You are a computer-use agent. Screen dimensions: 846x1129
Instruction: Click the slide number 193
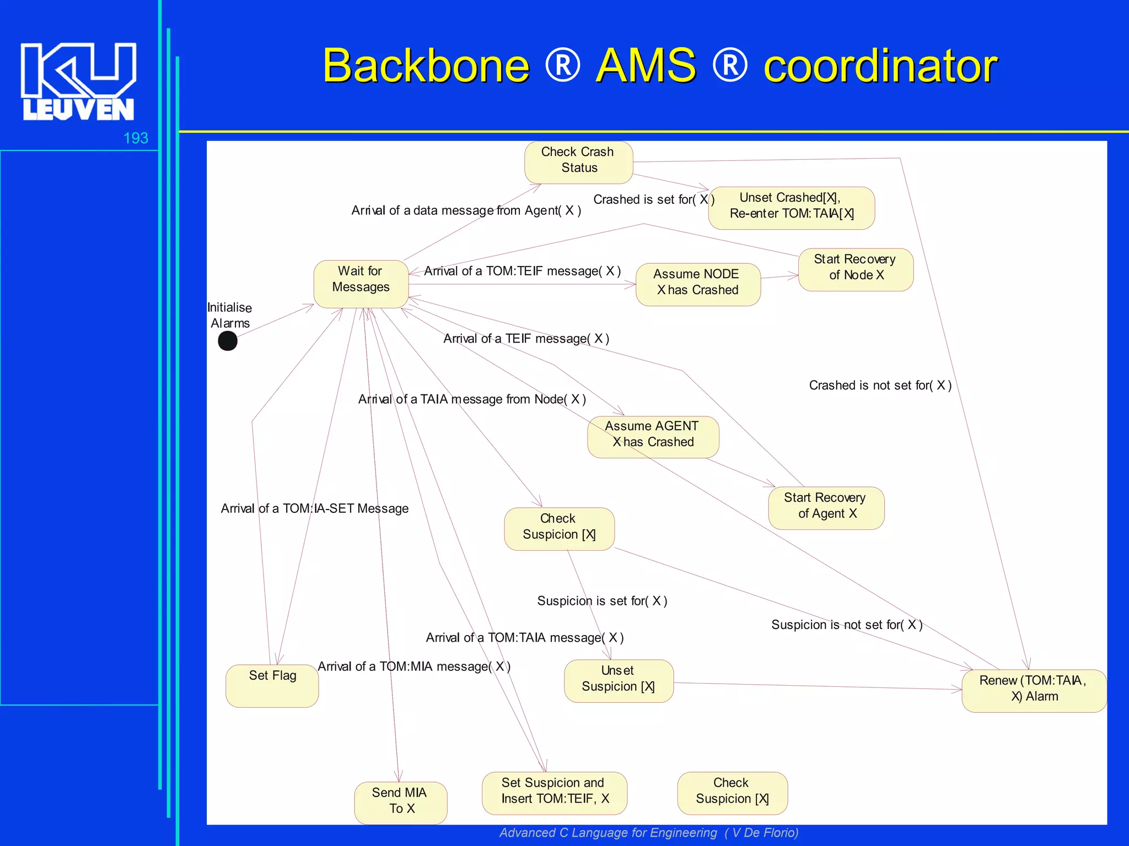[136, 138]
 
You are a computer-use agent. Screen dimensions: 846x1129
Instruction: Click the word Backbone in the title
[426, 66]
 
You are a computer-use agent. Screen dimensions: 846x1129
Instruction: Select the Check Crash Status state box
[578, 162]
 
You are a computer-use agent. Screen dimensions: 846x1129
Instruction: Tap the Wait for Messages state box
[361, 283]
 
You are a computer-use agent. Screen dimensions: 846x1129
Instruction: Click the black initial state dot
[228, 341]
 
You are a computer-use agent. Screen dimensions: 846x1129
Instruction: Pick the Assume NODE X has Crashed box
[697, 284]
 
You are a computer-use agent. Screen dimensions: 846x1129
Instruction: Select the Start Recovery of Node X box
[856, 269]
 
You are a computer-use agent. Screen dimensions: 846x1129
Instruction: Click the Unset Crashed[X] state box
[791, 208]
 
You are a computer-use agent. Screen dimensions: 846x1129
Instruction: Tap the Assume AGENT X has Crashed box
[653, 436]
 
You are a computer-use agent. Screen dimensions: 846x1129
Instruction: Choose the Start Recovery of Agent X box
[826, 507]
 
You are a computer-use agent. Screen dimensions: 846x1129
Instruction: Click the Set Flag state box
[272, 685]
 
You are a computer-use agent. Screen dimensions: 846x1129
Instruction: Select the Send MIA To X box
[400, 802]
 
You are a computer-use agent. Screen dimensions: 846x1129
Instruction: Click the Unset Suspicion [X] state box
[619, 680]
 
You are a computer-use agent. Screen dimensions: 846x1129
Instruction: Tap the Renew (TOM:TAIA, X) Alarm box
[1034, 690]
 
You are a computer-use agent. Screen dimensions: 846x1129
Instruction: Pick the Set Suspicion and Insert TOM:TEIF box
[554, 793]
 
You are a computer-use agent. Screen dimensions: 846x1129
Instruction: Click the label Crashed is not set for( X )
[880, 386]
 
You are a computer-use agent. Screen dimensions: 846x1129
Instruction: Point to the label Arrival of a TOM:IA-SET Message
[314, 508]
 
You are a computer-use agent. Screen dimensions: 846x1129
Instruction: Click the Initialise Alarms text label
[230, 315]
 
